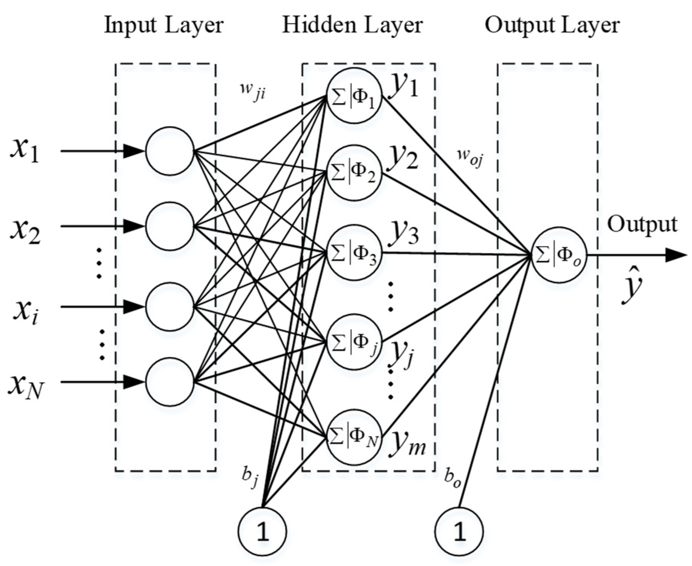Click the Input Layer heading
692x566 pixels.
[164, 25]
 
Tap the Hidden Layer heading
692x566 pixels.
[352, 25]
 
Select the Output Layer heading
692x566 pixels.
[552, 25]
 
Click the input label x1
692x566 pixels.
[25, 151]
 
